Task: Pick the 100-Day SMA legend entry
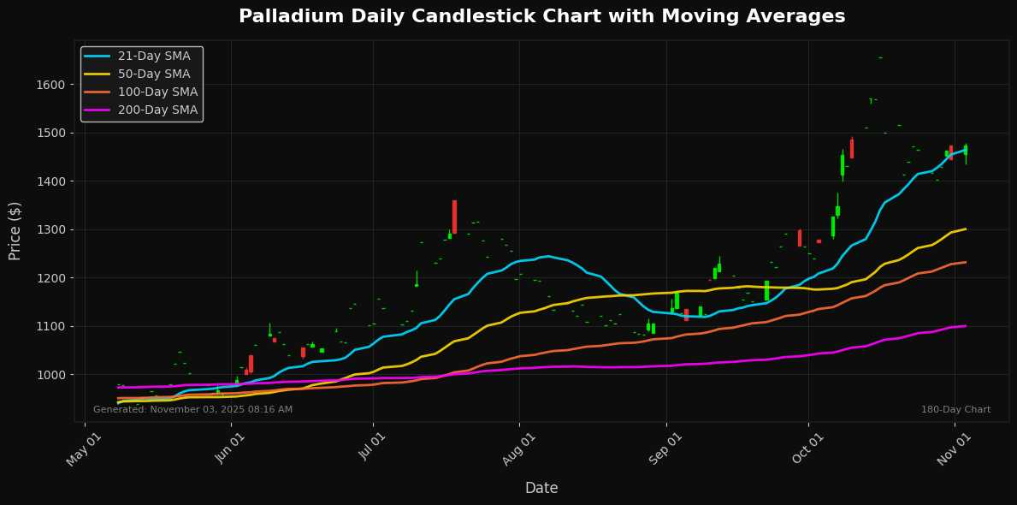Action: (x=157, y=92)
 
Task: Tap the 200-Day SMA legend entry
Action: (x=157, y=110)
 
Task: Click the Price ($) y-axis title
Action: (x=15, y=230)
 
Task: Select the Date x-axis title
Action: (x=541, y=488)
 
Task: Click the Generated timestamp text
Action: (x=192, y=410)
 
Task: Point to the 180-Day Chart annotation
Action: (x=955, y=410)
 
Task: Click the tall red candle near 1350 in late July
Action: (x=454, y=217)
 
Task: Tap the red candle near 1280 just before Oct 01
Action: (x=800, y=238)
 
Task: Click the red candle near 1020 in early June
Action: (x=251, y=364)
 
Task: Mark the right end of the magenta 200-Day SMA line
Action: (x=966, y=325)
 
